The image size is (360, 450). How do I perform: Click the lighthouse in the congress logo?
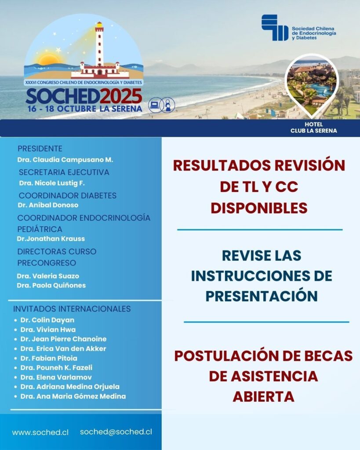point(99,48)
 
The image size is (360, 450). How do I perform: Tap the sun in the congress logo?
point(49,60)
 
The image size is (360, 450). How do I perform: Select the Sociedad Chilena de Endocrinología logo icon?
point(275,27)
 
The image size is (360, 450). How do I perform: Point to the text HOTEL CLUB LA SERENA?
point(313,127)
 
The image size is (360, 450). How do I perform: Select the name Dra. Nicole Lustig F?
point(51,183)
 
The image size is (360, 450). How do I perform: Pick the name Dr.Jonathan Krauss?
point(51,239)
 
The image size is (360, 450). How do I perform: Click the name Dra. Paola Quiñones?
point(51,285)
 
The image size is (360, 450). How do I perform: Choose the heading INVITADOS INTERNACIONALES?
point(72,309)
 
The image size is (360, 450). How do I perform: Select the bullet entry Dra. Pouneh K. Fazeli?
point(56,367)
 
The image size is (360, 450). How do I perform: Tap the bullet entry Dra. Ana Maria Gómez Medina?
point(73,396)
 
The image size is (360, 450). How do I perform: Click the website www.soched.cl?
point(40,432)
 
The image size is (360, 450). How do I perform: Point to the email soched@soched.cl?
point(116,432)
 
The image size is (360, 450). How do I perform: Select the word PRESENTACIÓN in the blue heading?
point(262,296)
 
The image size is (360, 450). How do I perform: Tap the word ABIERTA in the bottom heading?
point(263,396)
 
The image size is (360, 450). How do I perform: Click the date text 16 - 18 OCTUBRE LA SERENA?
point(84,109)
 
